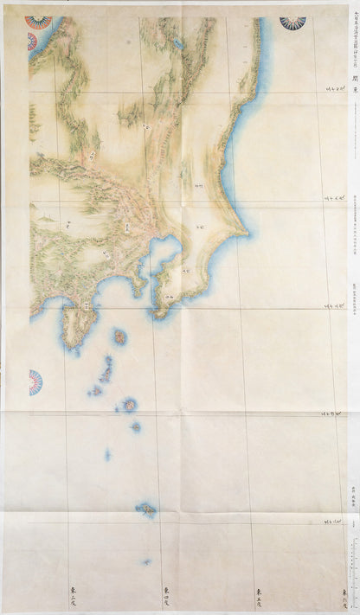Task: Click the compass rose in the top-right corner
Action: click(x=292, y=22)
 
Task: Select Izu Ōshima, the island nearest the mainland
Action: click(x=119, y=335)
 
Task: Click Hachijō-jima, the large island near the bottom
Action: click(x=146, y=510)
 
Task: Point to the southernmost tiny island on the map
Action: click(x=147, y=562)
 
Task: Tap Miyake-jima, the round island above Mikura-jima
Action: click(x=129, y=404)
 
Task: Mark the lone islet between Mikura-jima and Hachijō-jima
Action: click(x=107, y=453)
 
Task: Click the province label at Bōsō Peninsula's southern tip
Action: click(x=169, y=297)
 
